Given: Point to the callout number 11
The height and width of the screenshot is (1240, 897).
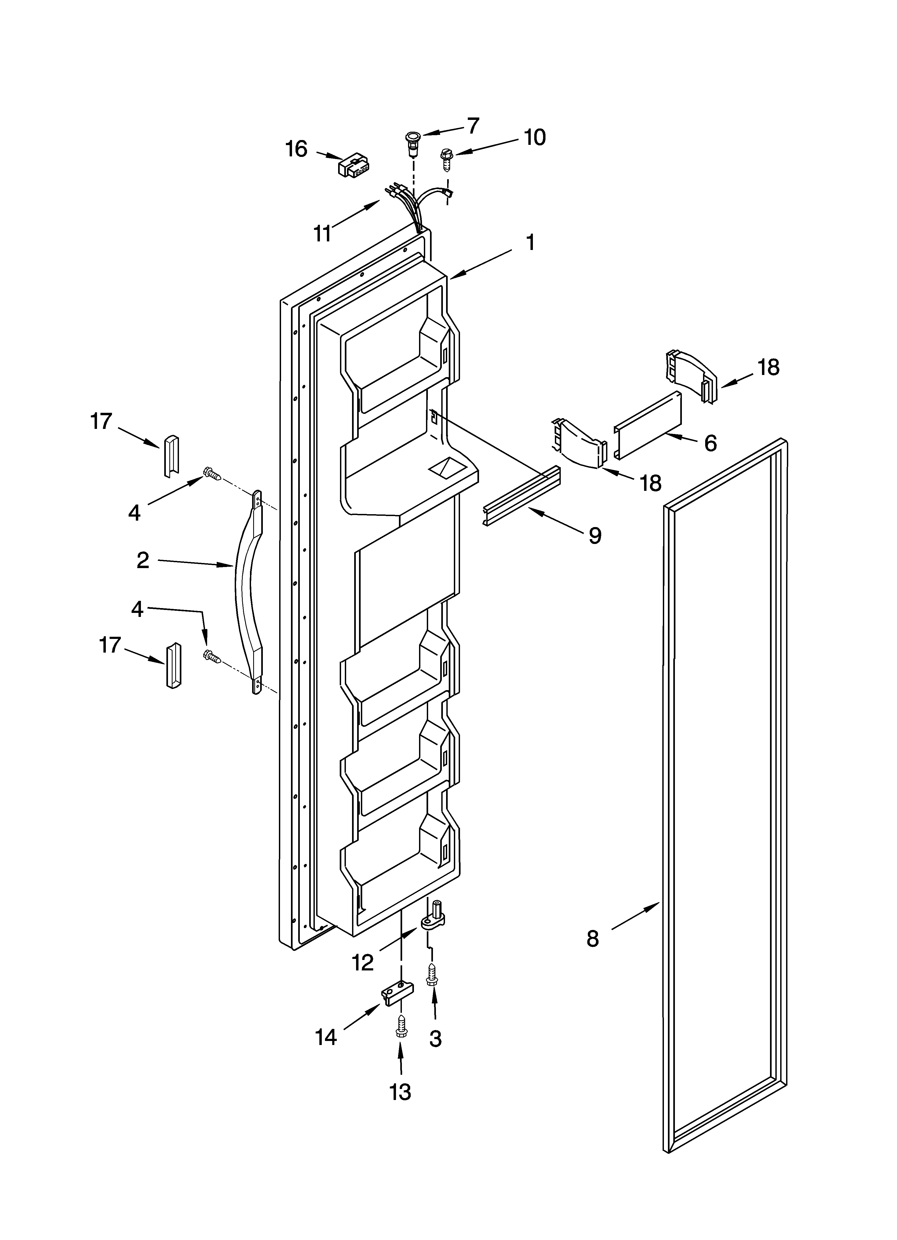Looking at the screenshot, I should [x=322, y=233].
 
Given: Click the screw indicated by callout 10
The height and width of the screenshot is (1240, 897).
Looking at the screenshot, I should [x=446, y=159].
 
